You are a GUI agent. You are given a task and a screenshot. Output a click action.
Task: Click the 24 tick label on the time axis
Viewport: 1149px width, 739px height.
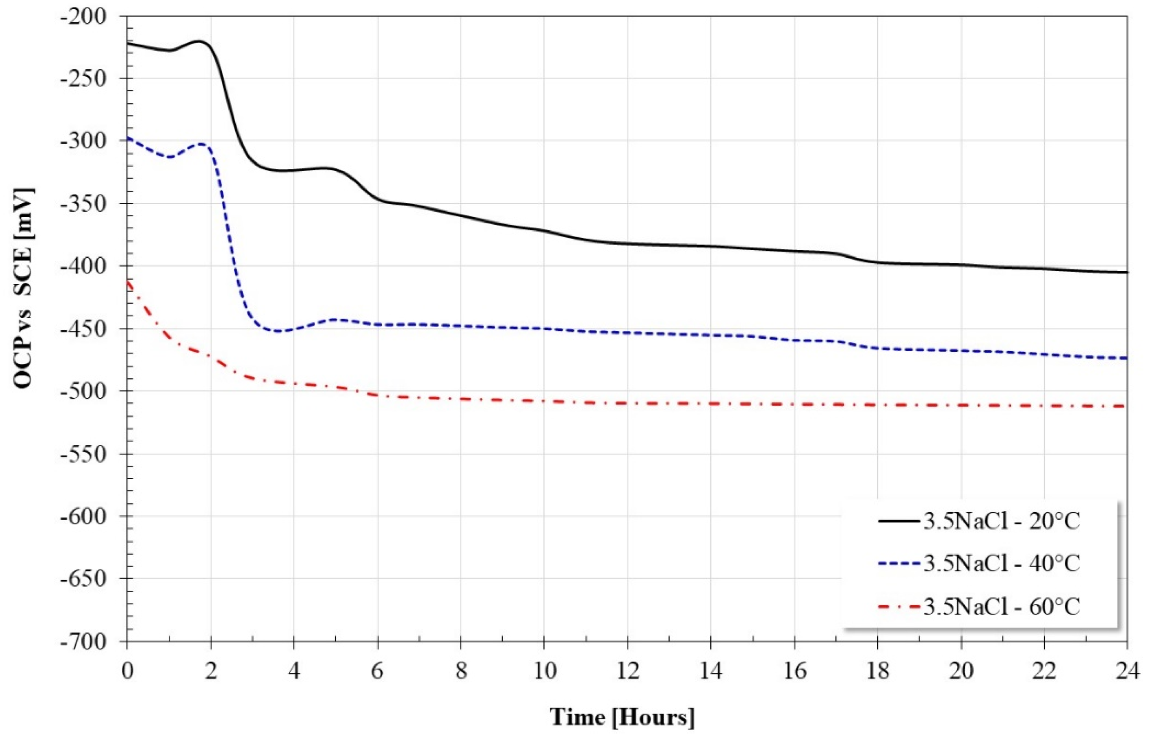click(x=1127, y=671)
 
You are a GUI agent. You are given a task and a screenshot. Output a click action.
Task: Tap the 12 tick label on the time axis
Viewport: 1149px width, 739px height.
click(x=627, y=671)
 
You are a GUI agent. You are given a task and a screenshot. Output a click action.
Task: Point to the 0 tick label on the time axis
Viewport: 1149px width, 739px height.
click(x=127, y=671)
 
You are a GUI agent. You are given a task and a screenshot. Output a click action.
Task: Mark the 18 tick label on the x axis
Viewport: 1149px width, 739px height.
click(x=877, y=671)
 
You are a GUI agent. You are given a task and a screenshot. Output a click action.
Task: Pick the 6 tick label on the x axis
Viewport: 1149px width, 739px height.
click(x=377, y=671)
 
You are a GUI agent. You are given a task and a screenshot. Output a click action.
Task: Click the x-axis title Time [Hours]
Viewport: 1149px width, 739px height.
click(x=621, y=717)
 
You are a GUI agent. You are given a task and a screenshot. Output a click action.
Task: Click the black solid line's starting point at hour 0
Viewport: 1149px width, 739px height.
click(x=128, y=43)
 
